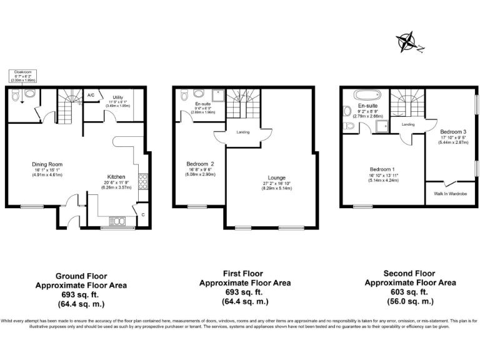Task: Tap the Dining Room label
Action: coord(47,164)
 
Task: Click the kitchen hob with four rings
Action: coord(142,181)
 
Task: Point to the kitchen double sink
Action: coord(117,220)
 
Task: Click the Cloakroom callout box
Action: coord(23,76)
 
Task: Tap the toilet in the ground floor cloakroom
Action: coord(15,96)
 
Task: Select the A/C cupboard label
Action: coord(91,95)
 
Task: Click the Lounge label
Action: coord(277,178)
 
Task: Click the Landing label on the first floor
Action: coord(243,131)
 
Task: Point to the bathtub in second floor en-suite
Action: coord(362,96)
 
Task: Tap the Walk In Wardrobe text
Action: coord(450,193)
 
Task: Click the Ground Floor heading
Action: coord(81,276)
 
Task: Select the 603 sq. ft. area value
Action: coord(410,292)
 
